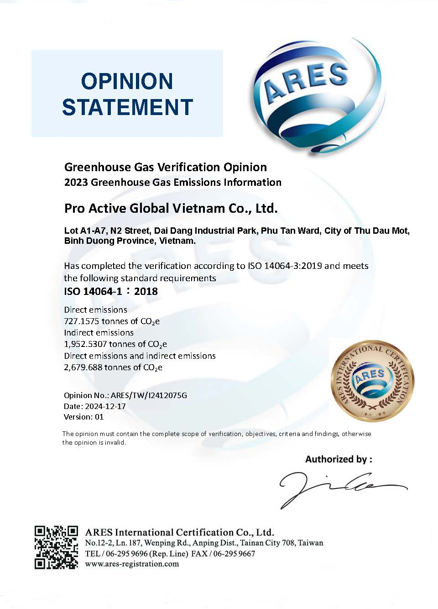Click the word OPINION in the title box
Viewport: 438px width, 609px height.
127,81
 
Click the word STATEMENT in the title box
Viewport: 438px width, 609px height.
127,107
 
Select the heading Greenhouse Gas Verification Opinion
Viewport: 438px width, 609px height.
165,167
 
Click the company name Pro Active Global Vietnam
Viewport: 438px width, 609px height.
171,208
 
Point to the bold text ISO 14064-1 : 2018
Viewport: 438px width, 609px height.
111,291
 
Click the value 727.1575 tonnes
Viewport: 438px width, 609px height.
111,321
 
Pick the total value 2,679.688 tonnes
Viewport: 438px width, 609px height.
113,367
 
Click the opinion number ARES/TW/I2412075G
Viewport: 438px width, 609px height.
149,395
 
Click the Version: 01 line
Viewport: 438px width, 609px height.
83,417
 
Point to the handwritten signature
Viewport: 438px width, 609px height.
338,488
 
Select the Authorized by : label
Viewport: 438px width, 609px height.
339,459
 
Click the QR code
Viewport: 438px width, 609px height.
56,547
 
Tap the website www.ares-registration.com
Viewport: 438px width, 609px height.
132,564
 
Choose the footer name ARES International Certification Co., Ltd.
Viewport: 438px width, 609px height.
180,532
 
